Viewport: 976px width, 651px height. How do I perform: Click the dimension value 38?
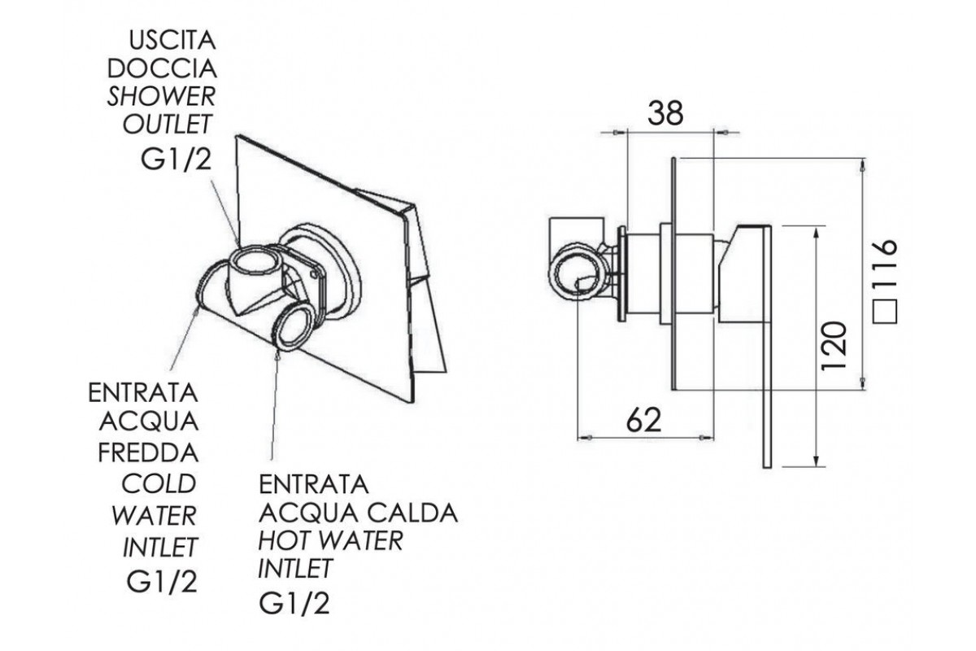coord(665,114)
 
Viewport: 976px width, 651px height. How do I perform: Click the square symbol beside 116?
coord(885,310)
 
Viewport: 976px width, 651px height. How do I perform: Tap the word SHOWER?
coord(162,97)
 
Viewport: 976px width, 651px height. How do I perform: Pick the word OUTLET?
coord(167,125)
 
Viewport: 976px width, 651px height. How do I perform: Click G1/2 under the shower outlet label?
coord(176,159)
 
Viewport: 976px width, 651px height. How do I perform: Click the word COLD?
coord(159,483)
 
